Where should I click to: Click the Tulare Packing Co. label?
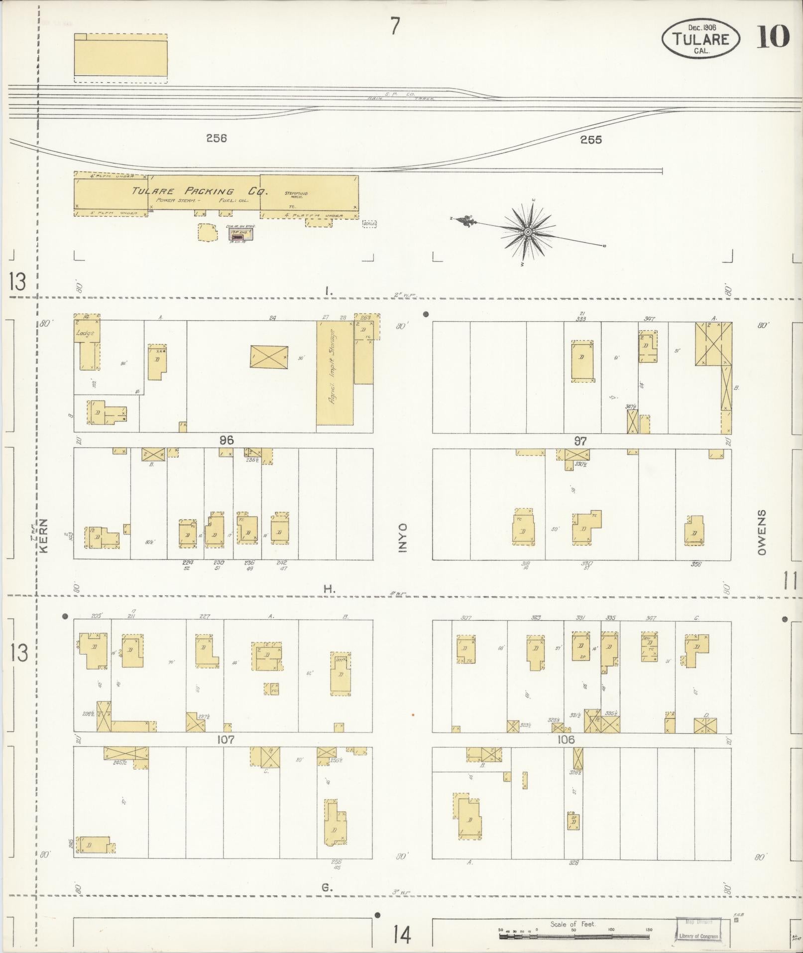coord(200,191)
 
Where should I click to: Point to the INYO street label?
coord(402,538)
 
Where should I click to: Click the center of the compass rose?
coord(528,232)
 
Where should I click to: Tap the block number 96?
coord(226,440)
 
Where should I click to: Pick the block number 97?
coord(580,441)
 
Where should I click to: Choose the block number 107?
coord(226,740)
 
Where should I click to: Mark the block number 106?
coord(567,740)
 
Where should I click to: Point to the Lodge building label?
coord(85,333)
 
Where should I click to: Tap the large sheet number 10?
coord(773,37)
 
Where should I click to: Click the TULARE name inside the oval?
coord(701,39)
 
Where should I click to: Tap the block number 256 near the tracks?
coord(217,138)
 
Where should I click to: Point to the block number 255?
coord(591,140)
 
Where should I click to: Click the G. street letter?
coord(327,887)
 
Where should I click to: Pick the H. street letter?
coord(329,589)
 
